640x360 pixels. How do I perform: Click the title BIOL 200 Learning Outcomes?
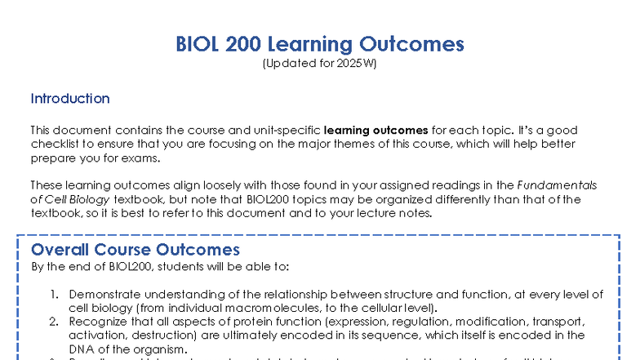click(x=319, y=44)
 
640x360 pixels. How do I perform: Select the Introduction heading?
click(x=70, y=99)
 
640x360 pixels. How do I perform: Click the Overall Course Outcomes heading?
click(x=136, y=250)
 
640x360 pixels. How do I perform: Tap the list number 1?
click(x=54, y=294)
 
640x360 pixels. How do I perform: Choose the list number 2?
click(x=54, y=322)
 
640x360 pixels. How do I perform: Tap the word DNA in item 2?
click(x=82, y=349)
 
